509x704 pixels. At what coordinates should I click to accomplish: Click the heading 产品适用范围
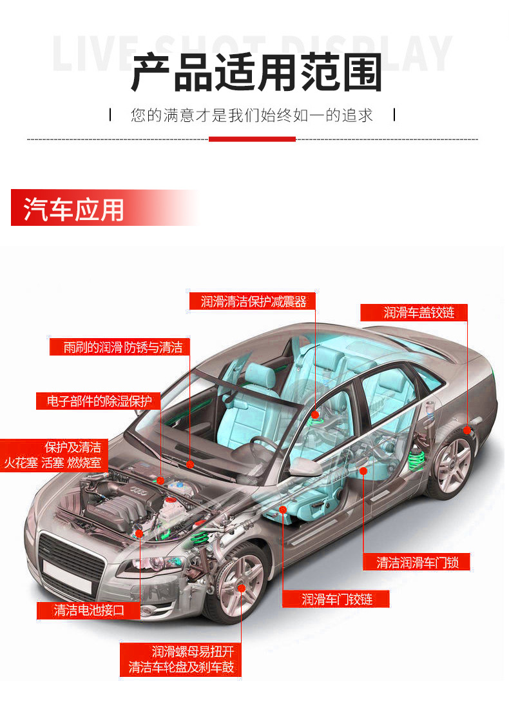coord(256,72)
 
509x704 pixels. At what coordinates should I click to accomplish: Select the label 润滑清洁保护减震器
coord(253,301)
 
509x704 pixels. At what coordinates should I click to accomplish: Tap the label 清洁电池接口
coord(89,610)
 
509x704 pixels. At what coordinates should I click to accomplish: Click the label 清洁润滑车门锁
coord(418,561)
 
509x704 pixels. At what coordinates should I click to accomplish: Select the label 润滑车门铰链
coord(337,599)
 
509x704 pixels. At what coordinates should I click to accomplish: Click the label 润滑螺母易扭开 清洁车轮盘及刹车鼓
coord(181,659)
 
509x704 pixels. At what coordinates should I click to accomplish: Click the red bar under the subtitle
coord(252,139)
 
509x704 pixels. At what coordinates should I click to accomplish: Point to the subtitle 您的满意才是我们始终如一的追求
coord(252,116)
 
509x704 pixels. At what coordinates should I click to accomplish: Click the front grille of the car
coord(71,556)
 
